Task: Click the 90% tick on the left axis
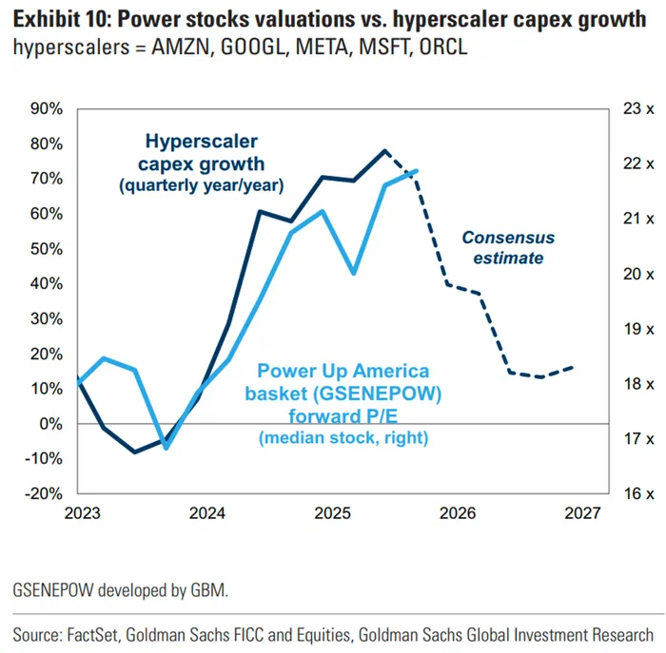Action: pos(46,109)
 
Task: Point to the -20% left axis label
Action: pos(43,494)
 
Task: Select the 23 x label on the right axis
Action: pos(638,109)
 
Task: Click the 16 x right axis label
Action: pos(638,494)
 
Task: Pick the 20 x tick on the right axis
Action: pos(638,274)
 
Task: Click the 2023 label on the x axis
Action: pos(82,514)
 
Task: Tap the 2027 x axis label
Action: pos(582,514)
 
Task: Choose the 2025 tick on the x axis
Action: pos(332,514)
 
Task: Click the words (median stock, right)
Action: pos(343,437)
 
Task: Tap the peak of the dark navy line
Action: pos(385,150)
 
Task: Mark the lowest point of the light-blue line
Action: pos(166,447)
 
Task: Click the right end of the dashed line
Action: pos(573,367)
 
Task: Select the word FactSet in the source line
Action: pos(99,633)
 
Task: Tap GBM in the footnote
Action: pos(211,590)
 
